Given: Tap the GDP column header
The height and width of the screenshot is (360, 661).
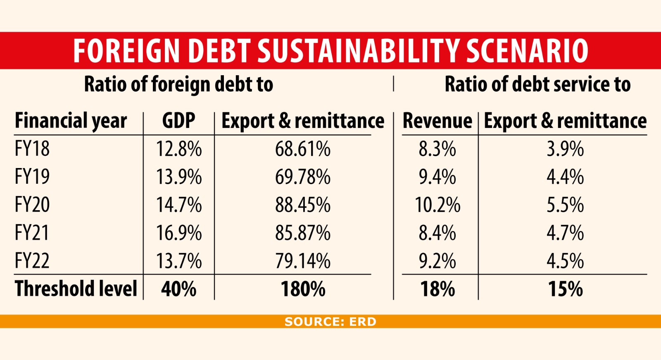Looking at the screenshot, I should click(178, 121).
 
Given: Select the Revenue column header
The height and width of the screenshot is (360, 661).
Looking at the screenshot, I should click(437, 121).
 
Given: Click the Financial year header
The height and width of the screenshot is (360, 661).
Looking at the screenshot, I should click(71, 121).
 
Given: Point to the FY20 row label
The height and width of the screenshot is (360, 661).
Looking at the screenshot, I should click(32, 205).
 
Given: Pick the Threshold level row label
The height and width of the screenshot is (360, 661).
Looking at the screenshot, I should click(76, 289).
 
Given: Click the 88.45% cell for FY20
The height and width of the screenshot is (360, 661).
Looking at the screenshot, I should click(302, 205).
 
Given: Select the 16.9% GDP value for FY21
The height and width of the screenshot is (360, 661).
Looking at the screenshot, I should click(178, 233).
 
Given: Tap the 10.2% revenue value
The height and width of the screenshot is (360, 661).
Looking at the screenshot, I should click(437, 205).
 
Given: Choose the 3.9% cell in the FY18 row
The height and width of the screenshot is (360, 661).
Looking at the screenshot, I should click(565, 149).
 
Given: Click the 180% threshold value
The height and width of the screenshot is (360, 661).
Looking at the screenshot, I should click(302, 289).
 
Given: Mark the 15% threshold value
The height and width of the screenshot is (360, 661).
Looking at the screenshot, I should click(565, 289).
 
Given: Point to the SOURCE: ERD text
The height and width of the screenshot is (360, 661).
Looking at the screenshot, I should click(330, 322).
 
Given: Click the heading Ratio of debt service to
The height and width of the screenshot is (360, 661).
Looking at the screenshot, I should click(537, 84).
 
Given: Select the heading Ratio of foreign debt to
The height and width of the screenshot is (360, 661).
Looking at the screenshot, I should click(178, 84).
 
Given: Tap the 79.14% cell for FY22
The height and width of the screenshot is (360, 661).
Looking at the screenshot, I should click(302, 261).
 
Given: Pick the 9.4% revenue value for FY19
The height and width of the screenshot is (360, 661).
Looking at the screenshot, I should click(437, 177).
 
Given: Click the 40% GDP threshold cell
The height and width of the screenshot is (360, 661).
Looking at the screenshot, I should click(178, 289).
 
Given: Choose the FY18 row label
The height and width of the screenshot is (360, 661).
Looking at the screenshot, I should click(32, 149).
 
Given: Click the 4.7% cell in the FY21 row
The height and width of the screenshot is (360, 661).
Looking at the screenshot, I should click(565, 233).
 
